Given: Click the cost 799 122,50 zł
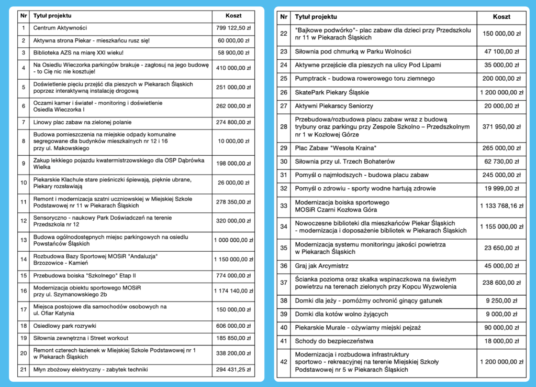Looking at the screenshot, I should [233, 28].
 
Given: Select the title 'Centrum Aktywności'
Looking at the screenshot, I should [60, 28].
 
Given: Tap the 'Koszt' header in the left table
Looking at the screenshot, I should [233, 16].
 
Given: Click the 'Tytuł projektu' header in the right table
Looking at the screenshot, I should [316, 17].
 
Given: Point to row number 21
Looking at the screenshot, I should [24, 370].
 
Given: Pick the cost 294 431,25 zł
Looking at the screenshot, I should [233, 370].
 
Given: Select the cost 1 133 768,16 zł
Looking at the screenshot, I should [501, 206].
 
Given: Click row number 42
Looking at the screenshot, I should [284, 362].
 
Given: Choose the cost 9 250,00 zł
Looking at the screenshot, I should [501, 301].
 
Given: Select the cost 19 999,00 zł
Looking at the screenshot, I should [501, 188].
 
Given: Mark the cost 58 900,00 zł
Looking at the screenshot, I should [233, 52].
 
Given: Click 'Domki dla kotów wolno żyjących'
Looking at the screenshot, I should [341, 314].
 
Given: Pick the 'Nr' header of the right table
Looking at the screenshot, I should [284, 17].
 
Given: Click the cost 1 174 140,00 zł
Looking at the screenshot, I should [233, 291].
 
